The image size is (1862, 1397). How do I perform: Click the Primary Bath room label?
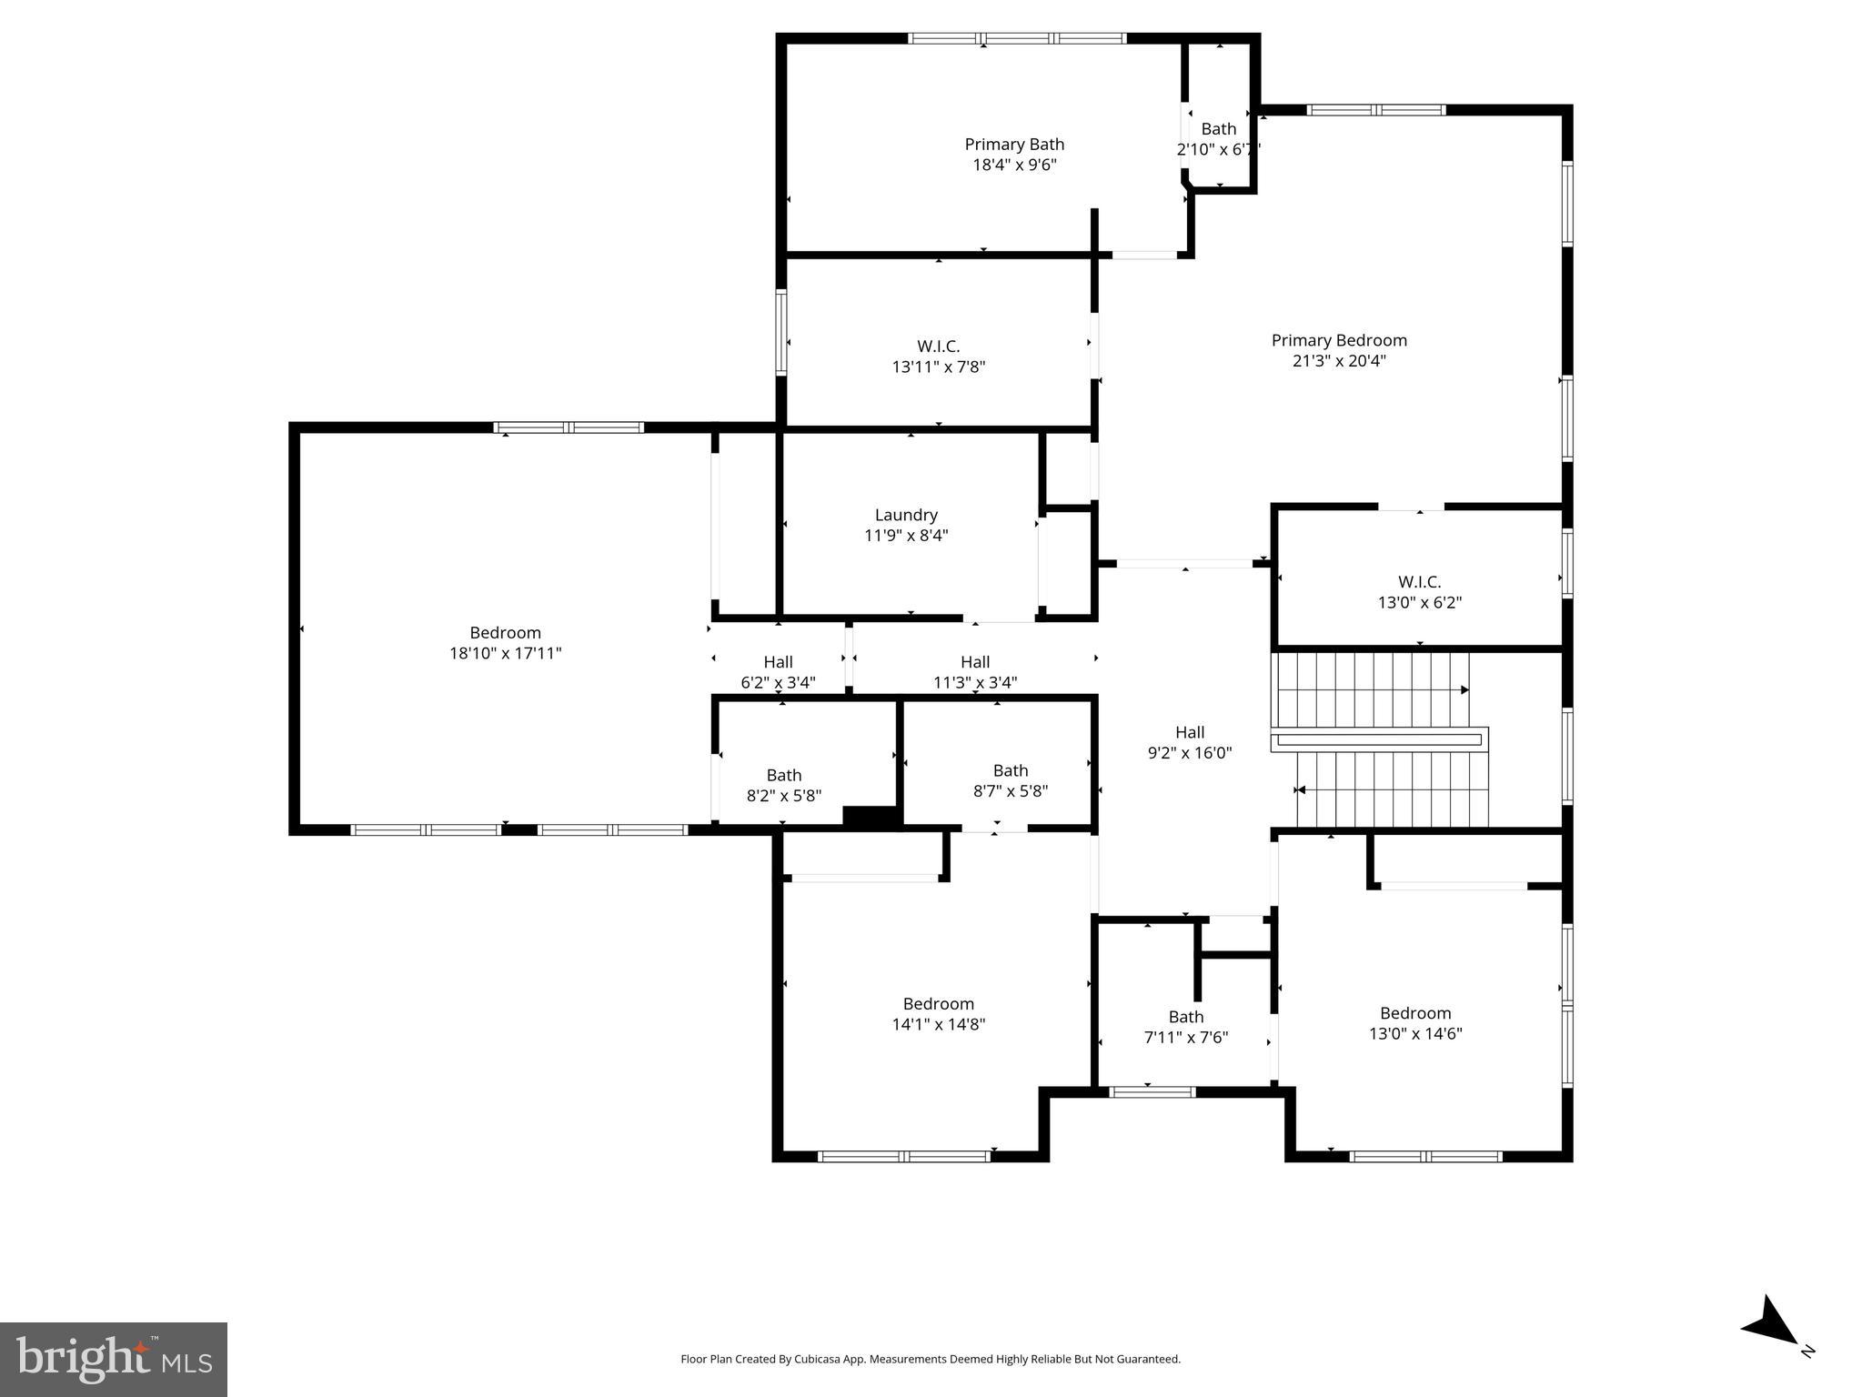pyautogui.click(x=1013, y=145)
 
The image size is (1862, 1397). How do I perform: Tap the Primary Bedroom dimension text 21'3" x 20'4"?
pyautogui.click(x=1339, y=361)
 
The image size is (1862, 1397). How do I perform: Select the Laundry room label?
pyautogui.click(x=906, y=515)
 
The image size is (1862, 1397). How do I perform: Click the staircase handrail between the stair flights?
pyautogui.click(x=1378, y=739)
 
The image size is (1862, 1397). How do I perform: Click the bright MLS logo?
pyautogui.click(x=114, y=1359)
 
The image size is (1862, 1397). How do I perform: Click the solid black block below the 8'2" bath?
pyautogui.click(x=871, y=817)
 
